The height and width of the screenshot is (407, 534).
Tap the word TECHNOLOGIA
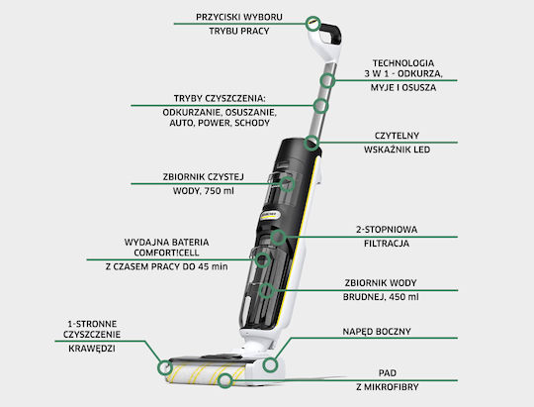click(x=403, y=63)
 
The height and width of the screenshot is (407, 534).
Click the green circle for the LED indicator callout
click(x=311, y=143)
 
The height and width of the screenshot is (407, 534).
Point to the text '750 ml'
click(x=219, y=191)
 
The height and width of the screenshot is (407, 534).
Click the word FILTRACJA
click(x=387, y=244)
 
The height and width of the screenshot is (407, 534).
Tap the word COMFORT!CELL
click(x=166, y=253)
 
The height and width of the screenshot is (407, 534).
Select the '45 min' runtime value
click(x=213, y=266)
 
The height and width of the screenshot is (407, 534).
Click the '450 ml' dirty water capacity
click(x=403, y=297)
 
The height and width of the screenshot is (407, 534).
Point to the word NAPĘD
click(x=358, y=332)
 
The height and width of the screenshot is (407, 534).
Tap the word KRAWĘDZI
click(x=92, y=349)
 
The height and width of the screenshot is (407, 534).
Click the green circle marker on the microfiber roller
click(x=224, y=380)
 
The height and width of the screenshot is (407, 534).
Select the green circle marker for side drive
click(x=270, y=365)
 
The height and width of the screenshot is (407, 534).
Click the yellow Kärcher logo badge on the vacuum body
click(x=270, y=215)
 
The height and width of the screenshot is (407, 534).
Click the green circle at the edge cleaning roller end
click(x=165, y=367)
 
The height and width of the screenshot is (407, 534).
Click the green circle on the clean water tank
click(x=287, y=184)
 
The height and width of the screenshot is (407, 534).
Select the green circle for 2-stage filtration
click(x=278, y=237)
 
